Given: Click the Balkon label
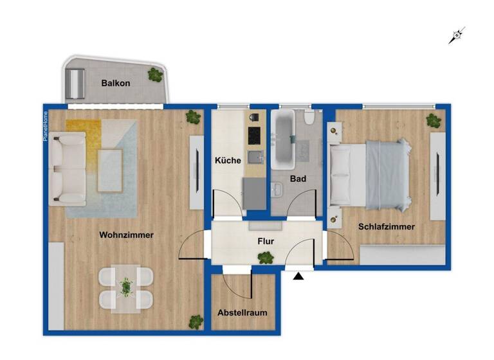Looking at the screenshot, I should coord(116,84).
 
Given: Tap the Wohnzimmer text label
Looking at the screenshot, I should coord(126,235).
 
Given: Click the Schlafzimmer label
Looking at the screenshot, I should coord(386,227).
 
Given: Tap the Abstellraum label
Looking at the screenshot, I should coord(242,312).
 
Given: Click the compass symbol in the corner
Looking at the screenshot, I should coord(457,35).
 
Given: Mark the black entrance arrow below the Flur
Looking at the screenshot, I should coord(298,276).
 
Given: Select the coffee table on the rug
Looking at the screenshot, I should coord(110,170).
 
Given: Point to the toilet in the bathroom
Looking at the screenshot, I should coord(309,118).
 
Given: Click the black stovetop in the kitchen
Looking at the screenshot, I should coord(255,135).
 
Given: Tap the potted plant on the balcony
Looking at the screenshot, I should coord(155,75).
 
